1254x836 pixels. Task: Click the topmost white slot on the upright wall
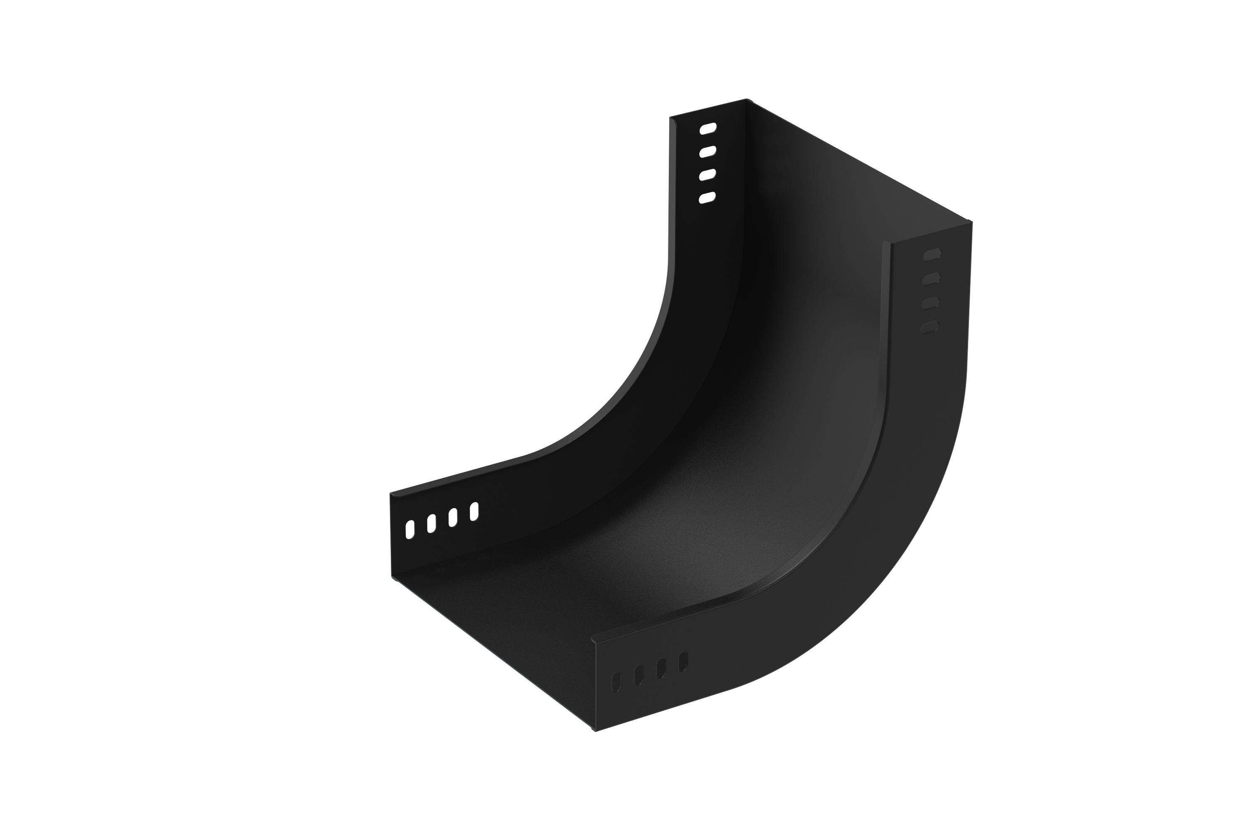pyautogui.click(x=708, y=128)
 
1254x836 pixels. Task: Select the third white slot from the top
pyautogui.click(x=708, y=175)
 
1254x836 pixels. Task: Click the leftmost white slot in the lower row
pyautogui.click(x=410, y=530)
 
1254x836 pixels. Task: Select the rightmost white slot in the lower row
pyautogui.click(x=474, y=511)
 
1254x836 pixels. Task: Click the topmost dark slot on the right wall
pyautogui.click(x=932, y=254)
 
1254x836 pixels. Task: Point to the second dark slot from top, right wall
pyautogui.click(x=931, y=278)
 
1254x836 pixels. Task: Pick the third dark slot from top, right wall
pyautogui.click(x=931, y=303)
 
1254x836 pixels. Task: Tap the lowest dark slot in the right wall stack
pyautogui.click(x=930, y=327)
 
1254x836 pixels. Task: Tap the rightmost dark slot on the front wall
pyautogui.click(x=683, y=662)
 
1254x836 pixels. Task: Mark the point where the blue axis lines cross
pyautogui.click(x=515, y=675)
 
